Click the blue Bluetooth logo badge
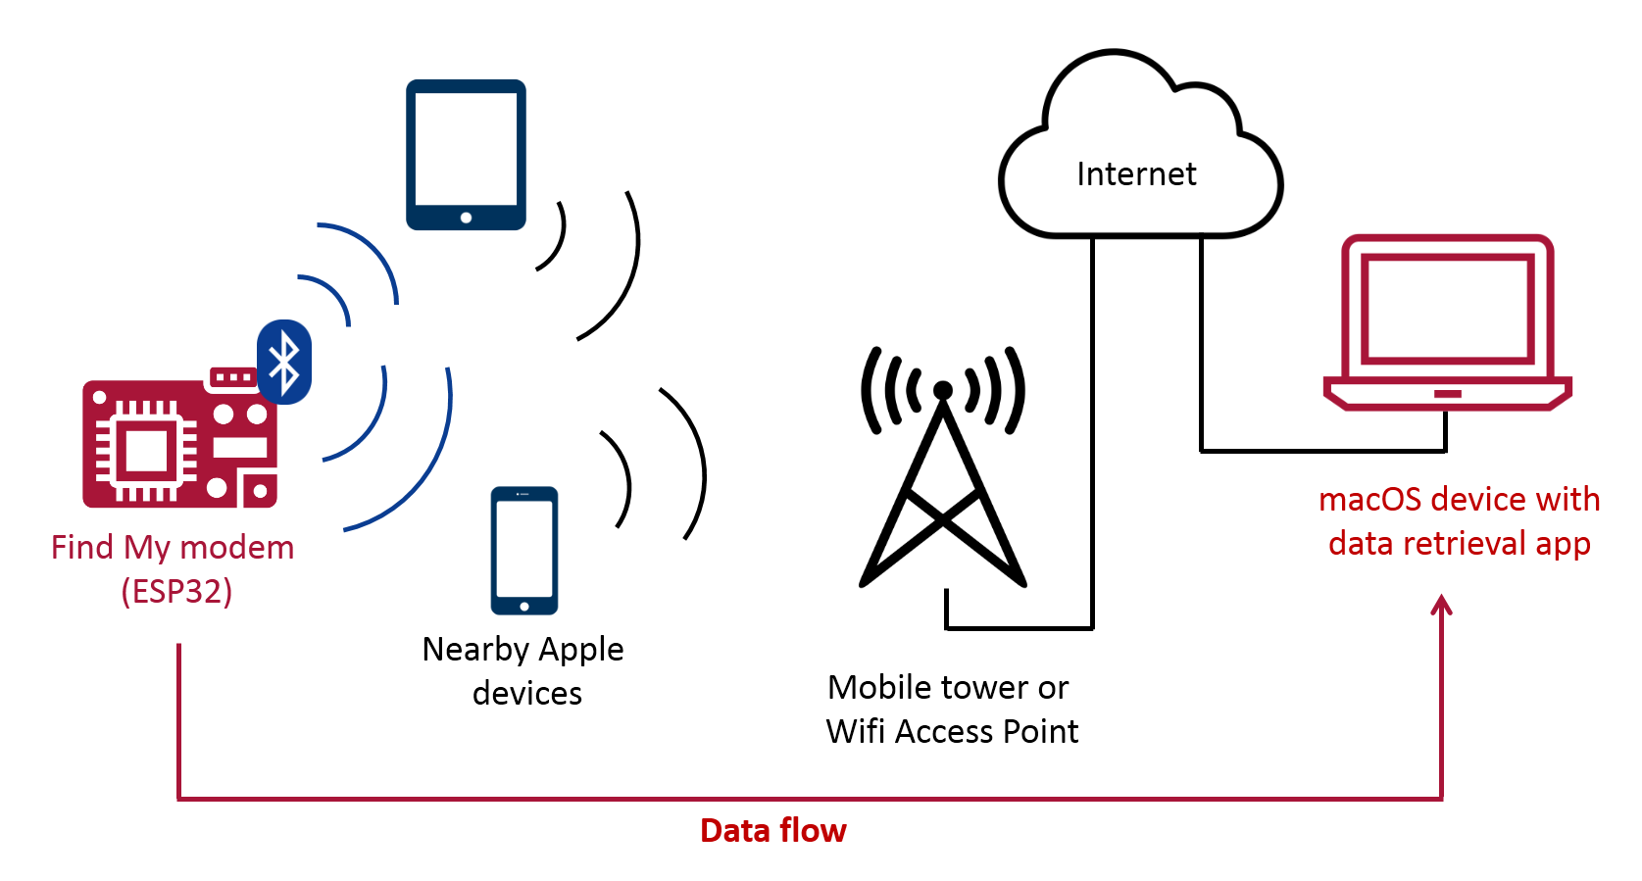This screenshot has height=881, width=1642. [284, 362]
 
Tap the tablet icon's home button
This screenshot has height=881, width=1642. [466, 218]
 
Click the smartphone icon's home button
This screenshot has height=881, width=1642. [524, 606]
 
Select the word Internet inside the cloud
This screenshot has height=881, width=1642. [1136, 174]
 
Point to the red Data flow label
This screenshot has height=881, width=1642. [772, 831]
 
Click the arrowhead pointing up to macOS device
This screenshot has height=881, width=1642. [1441, 605]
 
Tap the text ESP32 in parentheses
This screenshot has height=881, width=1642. [176, 592]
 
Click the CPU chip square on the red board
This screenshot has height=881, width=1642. [147, 452]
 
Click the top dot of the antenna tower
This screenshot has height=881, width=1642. [943, 390]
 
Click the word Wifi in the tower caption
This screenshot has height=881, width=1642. [856, 732]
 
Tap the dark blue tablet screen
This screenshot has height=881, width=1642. [466, 147]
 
